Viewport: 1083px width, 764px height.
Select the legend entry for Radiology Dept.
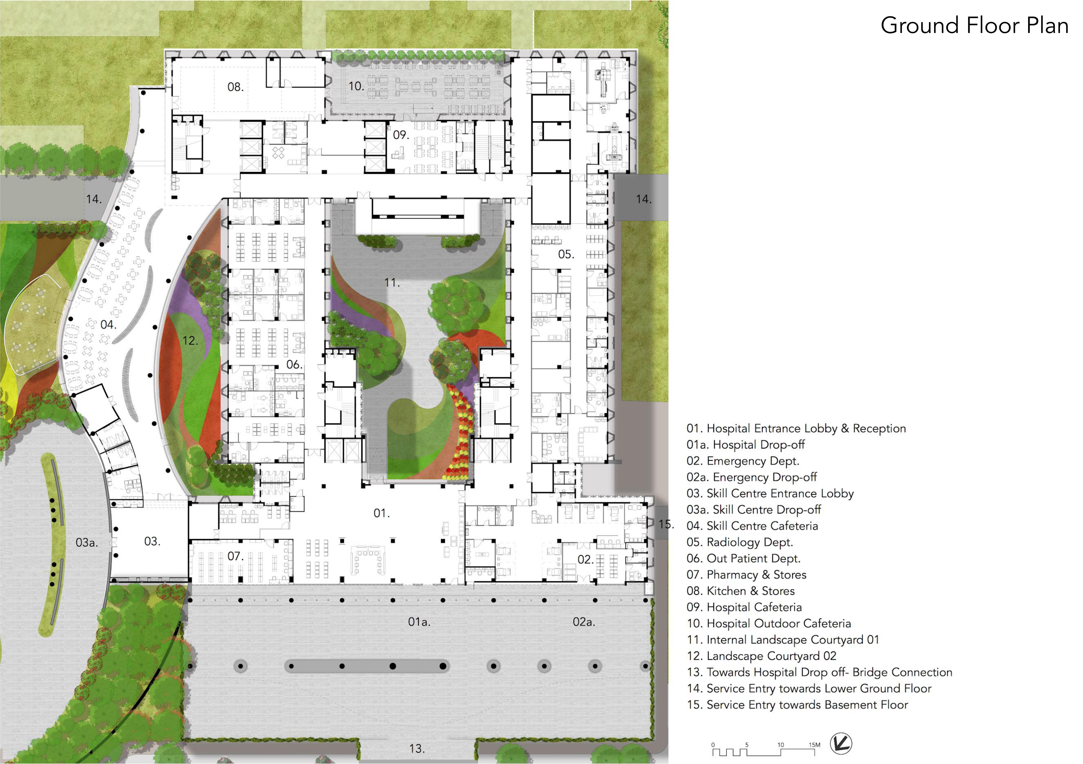tap(740, 542)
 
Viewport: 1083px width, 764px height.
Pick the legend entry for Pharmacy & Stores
tap(746, 575)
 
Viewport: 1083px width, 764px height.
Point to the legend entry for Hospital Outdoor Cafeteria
tap(769, 623)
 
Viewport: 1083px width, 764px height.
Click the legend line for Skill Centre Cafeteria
tap(752, 526)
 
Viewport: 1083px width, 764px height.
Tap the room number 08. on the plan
tap(235, 87)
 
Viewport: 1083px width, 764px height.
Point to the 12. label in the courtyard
tap(190, 340)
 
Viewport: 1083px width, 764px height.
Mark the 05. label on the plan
tap(566, 255)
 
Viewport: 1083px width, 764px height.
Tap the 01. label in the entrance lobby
tap(382, 513)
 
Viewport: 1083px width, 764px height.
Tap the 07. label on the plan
tap(235, 557)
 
